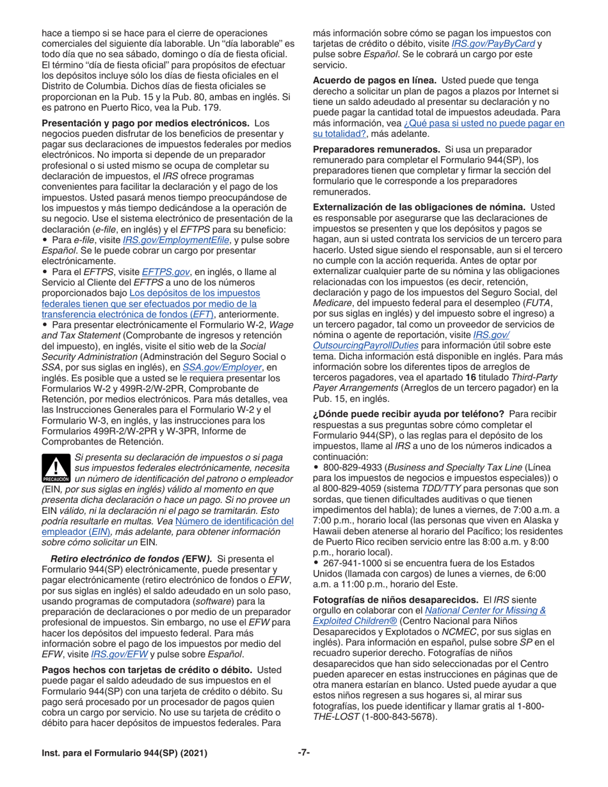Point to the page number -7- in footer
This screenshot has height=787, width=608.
pos(303,753)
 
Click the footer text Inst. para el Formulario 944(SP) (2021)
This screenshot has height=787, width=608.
pos(124,753)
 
